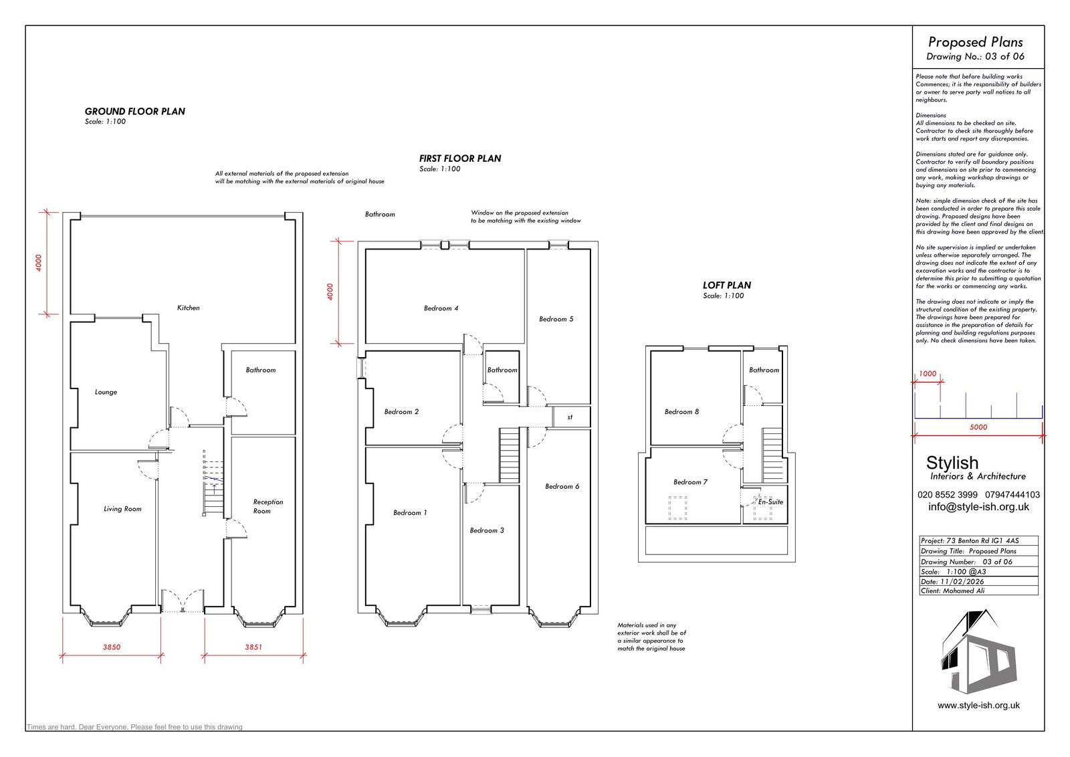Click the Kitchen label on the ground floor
click(188, 308)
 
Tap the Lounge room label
click(106, 392)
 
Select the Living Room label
click(123, 509)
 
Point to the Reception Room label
click(268, 506)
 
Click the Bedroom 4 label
click(441, 308)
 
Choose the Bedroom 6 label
click(562, 487)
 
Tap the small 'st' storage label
click(570, 417)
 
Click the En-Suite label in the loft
click(770, 502)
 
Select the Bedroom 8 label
click(681, 412)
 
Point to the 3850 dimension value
click(112, 647)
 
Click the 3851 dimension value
click(253, 647)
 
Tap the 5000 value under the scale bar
click(978, 427)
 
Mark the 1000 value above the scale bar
click(928, 374)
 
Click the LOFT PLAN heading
click(726, 286)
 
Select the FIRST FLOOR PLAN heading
click(460, 158)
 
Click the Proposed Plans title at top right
click(976, 43)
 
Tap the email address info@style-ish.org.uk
click(979, 507)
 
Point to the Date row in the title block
click(979, 582)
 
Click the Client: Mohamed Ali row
click(979, 590)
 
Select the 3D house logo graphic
click(978, 652)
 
